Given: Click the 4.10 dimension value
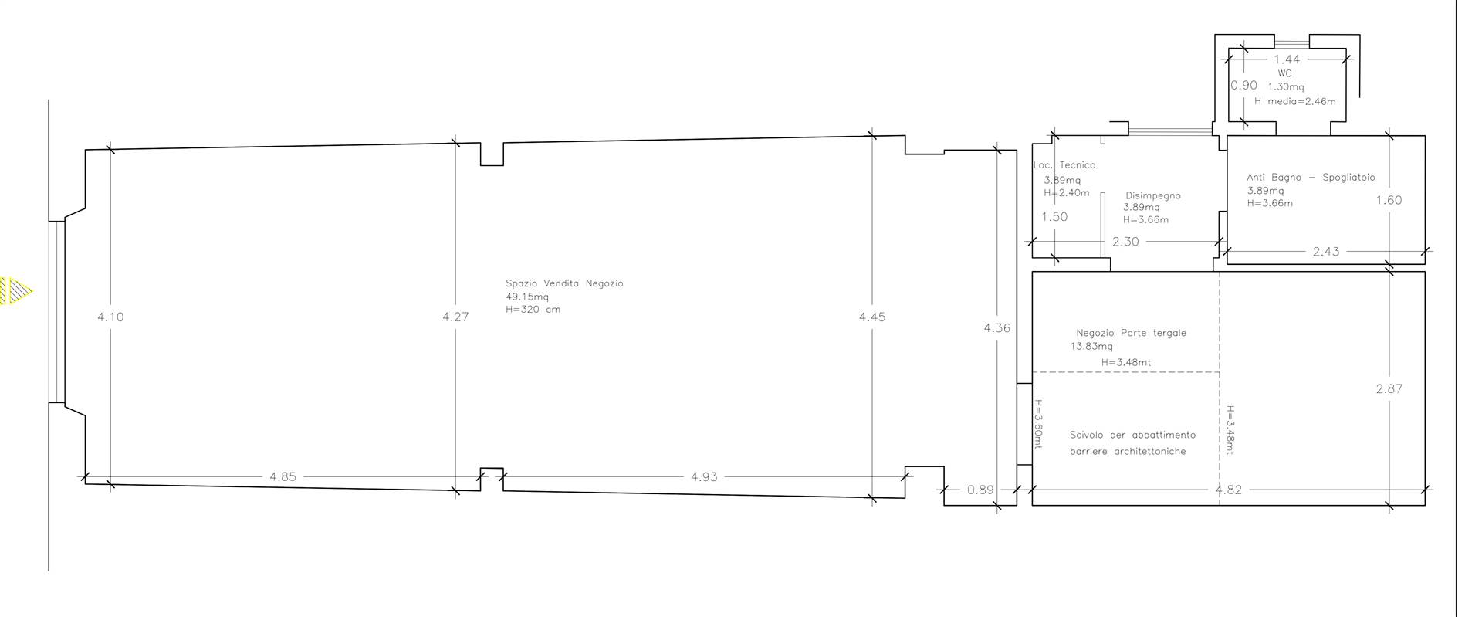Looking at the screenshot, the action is (110, 317).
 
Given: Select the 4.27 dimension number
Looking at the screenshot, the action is (455, 317).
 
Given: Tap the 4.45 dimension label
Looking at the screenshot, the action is (872, 317).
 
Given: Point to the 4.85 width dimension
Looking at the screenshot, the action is (283, 477).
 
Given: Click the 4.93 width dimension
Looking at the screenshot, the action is (704, 477).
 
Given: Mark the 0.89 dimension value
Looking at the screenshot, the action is (981, 490).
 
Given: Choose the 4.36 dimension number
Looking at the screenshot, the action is (996, 328).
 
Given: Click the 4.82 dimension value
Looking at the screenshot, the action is (1228, 490).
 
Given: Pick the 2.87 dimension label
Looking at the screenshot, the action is (1389, 389).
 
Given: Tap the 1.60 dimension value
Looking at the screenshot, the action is (1389, 200).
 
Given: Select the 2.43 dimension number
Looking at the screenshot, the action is (1326, 252).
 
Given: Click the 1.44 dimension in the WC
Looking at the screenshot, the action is (1287, 59).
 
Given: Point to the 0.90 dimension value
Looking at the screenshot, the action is (1244, 86).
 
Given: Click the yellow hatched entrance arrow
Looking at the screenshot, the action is (15, 291).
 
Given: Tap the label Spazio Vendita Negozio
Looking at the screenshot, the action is (564, 283).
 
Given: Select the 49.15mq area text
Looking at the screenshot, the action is (527, 297).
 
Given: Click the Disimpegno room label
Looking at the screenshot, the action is (1153, 195).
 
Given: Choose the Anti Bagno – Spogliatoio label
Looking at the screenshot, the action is (1311, 178).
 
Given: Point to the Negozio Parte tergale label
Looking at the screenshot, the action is (1131, 333).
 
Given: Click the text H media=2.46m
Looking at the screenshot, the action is (1294, 101).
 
